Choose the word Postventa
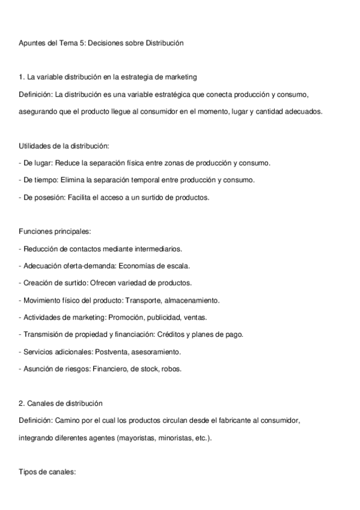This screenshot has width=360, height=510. click(x=112, y=351)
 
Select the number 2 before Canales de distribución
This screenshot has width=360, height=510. click(x=22, y=403)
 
